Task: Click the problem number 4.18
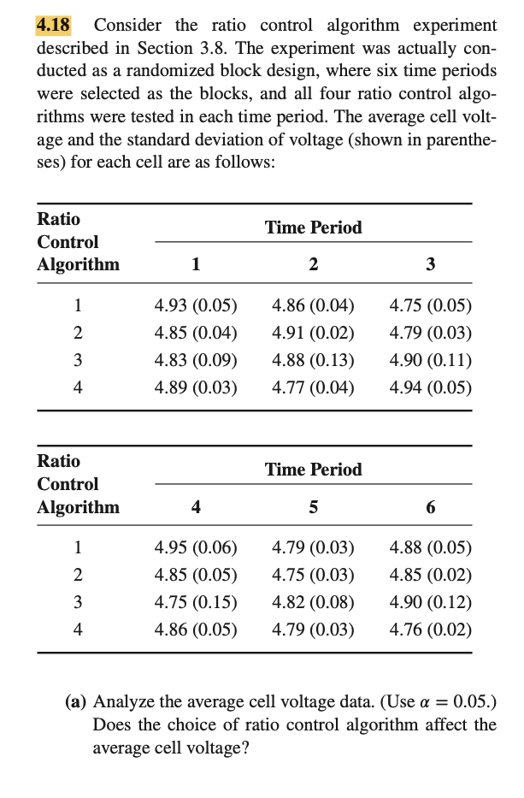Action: coord(52,25)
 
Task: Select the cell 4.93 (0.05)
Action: coord(196,305)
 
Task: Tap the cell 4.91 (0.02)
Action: coord(313,333)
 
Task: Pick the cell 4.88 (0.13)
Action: coord(313,360)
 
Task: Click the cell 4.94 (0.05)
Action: coord(430,387)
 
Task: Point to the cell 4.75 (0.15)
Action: coord(196,602)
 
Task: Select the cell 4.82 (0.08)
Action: coord(313,602)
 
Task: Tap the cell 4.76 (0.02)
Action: coord(430,630)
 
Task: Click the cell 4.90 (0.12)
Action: coord(430,602)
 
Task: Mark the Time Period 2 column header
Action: coord(313,264)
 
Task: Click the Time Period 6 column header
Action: coord(430,507)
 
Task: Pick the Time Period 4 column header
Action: coord(196,507)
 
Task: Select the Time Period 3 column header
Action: coord(430,264)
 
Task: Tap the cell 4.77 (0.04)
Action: coord(313,387)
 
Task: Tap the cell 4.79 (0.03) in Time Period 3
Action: coord(430,333)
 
